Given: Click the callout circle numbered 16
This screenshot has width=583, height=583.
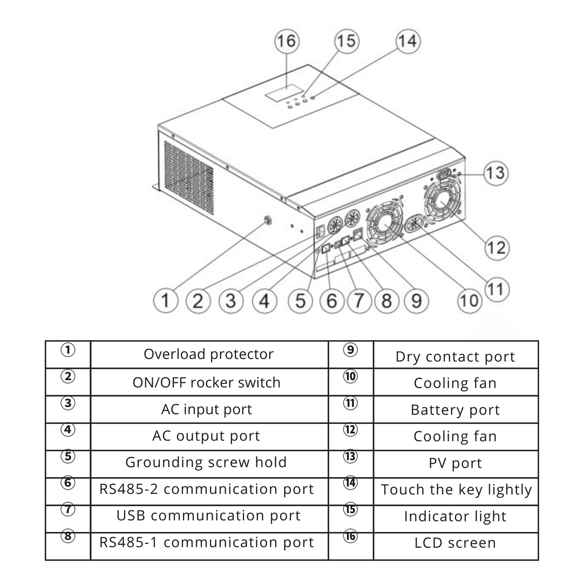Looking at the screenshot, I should [287, 42].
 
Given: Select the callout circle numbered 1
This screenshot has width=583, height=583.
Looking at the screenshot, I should [166, 300].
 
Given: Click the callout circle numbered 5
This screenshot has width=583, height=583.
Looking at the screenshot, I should [301, 300].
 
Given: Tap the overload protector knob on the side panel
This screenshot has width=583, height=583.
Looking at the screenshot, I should [266, 220].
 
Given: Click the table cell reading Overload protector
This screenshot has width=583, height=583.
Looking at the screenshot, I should [209, 354].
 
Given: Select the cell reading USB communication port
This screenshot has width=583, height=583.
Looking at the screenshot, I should [209, 516].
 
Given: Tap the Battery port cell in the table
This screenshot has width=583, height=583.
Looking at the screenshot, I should [456, 410].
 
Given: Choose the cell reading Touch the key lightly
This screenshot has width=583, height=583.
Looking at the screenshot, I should [456, 490].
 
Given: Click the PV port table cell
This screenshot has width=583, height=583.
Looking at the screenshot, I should [456, 463].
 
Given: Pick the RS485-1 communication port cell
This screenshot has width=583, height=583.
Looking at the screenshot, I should [209, 542].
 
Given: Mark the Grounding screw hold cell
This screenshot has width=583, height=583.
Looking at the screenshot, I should [209, 462].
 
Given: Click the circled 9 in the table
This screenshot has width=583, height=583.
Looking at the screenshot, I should [350, 350].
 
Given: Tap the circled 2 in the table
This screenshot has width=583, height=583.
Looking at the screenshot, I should [67, 376].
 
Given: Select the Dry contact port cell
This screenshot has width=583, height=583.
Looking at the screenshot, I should [456, 356].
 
